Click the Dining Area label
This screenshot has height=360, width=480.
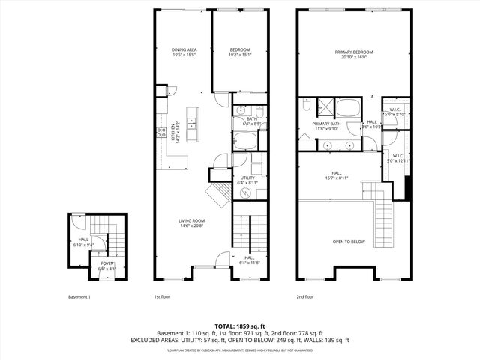click(x=184, y=52)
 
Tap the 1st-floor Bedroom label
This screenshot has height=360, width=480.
click(x=240, y=52)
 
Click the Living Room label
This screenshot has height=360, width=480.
click(x=192, y=223)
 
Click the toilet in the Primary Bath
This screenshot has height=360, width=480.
click(x=307, y=106)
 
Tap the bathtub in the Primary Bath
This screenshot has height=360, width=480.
click(x=349, y=106)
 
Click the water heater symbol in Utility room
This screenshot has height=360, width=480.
click(x=245, y=193)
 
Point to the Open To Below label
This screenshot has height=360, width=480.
click(x=349, y=241)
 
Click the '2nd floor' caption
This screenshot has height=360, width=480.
click(x=304, y=297)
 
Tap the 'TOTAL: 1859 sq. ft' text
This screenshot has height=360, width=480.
click(x=240, y=325)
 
